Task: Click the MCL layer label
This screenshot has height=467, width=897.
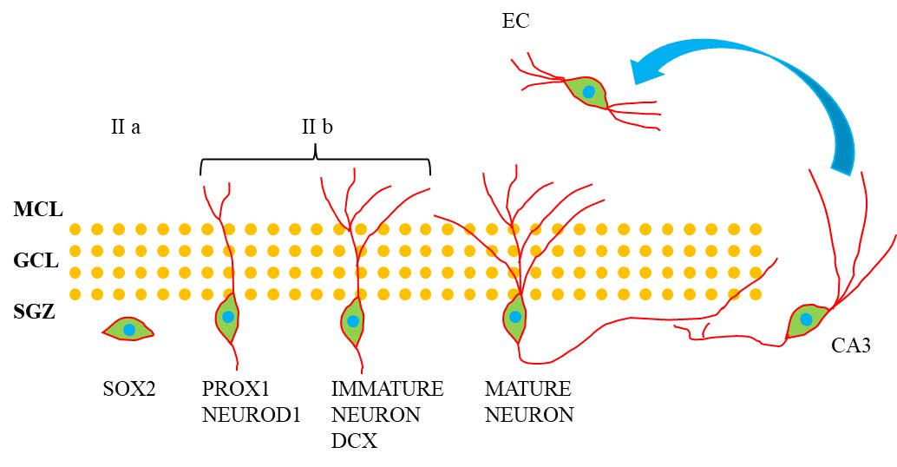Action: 38,208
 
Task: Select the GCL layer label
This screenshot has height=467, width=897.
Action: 37,260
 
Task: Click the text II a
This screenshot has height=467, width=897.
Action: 126,127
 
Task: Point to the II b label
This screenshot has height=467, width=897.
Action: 317,127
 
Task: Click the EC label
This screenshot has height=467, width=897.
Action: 515,21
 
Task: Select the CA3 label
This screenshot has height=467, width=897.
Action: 851,346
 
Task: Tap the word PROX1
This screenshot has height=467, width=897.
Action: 229,389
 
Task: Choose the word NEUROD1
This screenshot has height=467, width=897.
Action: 251,415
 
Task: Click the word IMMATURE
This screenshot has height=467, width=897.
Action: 387,389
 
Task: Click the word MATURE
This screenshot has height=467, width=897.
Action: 528,389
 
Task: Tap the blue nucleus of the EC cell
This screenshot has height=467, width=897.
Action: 589,91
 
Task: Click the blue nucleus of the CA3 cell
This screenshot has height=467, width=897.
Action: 806,319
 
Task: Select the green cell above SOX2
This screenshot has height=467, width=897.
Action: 128,330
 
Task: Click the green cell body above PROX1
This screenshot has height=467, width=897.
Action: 227,319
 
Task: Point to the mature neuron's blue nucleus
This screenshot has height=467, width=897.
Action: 515,317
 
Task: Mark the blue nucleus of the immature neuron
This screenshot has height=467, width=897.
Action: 353,321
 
